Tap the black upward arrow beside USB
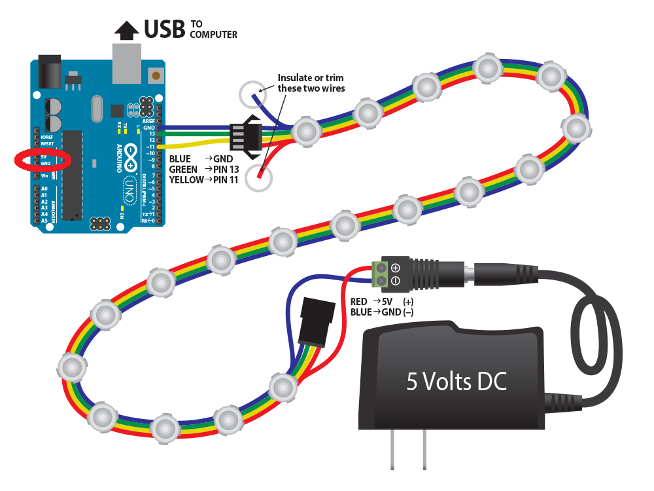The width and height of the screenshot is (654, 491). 126,29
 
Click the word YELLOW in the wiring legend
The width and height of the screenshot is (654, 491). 186,179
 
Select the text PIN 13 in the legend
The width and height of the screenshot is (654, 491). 224,169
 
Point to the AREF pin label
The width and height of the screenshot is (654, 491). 148,122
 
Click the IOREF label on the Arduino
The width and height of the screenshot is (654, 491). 47,137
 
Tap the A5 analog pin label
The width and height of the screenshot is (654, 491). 44,221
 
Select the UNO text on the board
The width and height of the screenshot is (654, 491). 129,192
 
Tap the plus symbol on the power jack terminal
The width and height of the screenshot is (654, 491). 395,268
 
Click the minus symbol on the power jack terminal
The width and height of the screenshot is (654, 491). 395,282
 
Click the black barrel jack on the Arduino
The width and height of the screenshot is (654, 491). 46,72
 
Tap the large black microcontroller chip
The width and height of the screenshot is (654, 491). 72,175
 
